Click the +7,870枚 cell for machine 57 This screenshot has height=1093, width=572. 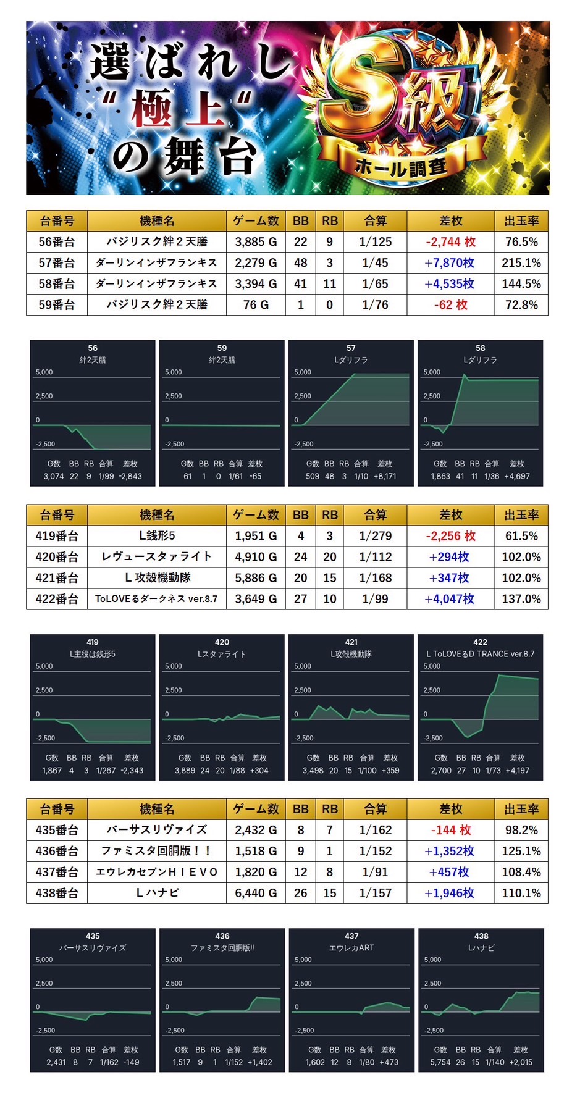450,262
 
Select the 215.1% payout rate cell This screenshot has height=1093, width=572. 521,262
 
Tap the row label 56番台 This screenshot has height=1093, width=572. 56,241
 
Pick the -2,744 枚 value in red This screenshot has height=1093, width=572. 450,241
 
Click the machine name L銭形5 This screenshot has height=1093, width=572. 156,535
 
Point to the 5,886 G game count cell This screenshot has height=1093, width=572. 256,577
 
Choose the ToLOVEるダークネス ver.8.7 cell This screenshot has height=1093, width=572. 156,598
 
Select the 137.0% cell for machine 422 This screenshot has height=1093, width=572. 521,598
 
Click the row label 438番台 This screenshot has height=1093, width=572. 56,892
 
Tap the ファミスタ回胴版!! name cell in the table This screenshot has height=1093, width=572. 156,850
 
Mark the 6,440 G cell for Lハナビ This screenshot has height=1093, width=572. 256,892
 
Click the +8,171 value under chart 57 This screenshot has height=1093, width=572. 385,476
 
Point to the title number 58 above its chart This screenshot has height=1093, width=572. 480,348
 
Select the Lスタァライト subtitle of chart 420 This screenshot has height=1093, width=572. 222,654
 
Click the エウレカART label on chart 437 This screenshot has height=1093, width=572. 351,947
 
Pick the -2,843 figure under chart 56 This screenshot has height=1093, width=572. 130,476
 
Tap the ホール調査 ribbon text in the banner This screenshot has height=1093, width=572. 401,165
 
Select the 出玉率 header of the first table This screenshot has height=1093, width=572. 521,220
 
